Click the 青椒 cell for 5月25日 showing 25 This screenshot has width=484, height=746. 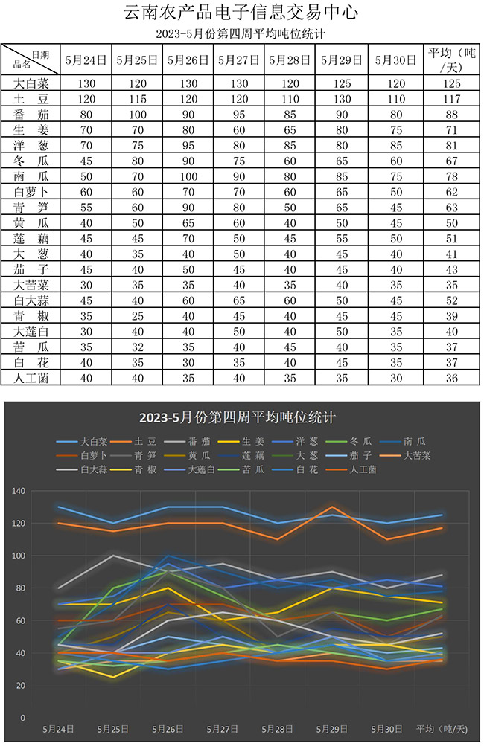(138, 315)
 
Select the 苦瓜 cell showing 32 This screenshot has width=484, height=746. (138, 347)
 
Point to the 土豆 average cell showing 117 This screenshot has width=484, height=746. (452, 99)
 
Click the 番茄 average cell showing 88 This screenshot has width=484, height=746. (452, 115)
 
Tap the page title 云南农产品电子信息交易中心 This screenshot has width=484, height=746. (241, 13)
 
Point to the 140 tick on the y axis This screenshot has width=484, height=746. (17, 491)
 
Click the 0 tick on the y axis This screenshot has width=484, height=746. (22, 718)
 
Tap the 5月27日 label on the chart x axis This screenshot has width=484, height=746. (222, 728)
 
